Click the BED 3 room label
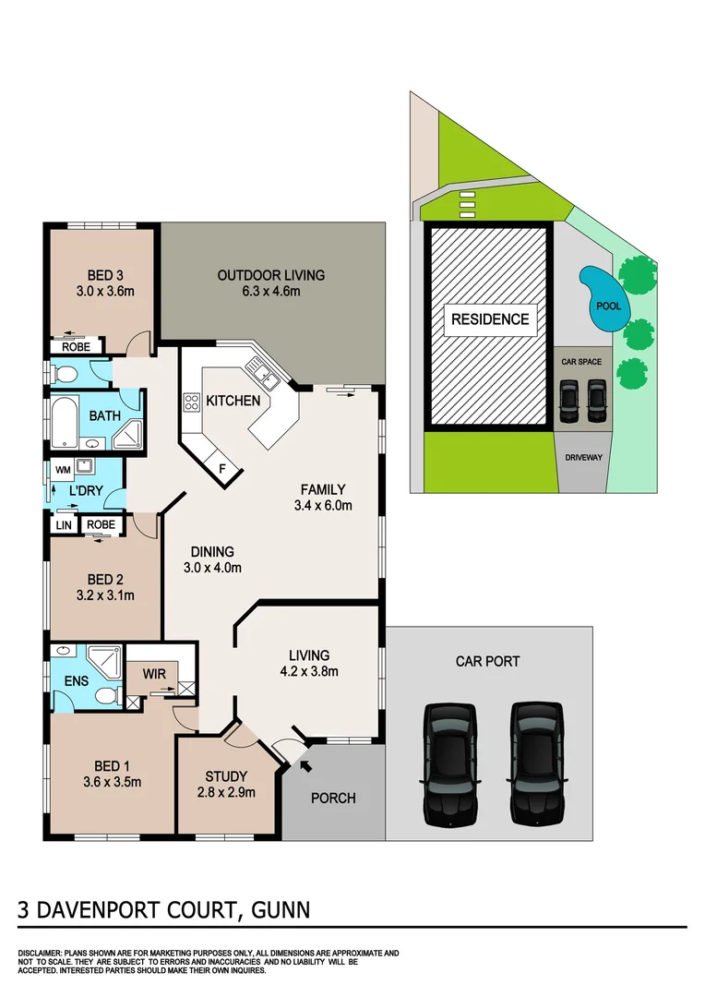105,274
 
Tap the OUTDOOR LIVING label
270,274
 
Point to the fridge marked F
221,468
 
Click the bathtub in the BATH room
65,422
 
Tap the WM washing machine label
63,469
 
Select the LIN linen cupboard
63,524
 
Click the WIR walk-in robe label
154,674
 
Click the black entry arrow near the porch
304,764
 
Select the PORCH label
332,798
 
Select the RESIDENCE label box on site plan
490,319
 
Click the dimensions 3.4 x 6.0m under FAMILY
322,505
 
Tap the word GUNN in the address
278,909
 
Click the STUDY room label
227,775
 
